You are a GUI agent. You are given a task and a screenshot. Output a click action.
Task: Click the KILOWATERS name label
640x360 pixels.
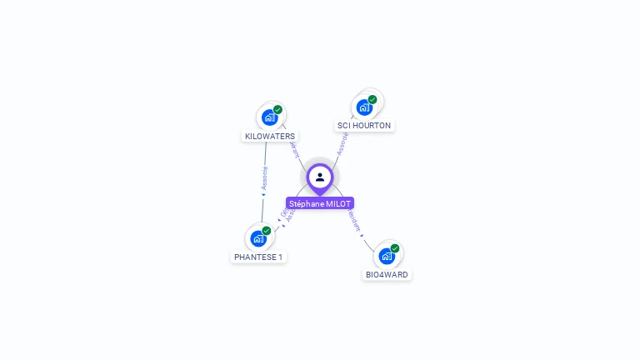pyautogui.click(x=270, y=136)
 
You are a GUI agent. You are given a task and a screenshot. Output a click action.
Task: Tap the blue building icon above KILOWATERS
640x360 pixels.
pyautogui.click(x=269, y=117)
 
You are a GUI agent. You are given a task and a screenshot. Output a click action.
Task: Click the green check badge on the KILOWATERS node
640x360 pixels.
pyautogui.click(x=277, y=109)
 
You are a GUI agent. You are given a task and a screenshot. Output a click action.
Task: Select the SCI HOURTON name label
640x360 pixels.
pyautogui.click(x=364, y=125)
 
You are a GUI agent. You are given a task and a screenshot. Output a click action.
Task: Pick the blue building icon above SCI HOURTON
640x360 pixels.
pyautogui.click(x=363, y=107)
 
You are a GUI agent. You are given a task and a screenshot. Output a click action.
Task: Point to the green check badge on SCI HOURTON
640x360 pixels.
pyautogui.click(x=372, y=99)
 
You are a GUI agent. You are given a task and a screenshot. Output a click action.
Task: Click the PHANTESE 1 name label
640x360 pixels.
pyautogui.click(x=258, y=257)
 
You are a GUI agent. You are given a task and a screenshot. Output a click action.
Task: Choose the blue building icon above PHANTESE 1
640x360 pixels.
pyautogui.click(x=258, y=238)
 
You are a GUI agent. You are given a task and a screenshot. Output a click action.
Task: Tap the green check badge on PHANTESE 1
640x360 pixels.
pyautogui.click(x=267, y=230)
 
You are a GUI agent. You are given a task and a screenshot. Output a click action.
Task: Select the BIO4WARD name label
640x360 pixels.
pyautogui.click(x=387, y=274)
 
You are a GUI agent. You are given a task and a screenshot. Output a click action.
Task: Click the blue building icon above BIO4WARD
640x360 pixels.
pyautogui.click(x=387, y=256)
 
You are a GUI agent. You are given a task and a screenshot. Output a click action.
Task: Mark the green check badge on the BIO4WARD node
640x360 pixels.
pyautogui.click(x=395, y=247)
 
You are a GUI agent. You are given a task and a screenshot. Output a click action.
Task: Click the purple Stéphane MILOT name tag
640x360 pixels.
pyautogui.click(x=320, y=203)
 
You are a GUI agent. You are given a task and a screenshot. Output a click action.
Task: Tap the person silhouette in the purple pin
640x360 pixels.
pyautogui.click(x=320, y=177)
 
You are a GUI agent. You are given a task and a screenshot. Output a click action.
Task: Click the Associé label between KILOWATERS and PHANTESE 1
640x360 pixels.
pyautogui.click(x=265, y=177)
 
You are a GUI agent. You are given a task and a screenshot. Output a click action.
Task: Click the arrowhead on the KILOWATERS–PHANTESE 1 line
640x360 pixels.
pyautogui.click(x=263, y=195)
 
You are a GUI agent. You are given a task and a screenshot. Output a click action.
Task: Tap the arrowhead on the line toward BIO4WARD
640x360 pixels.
pyautogui.click(x=362, y=235)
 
